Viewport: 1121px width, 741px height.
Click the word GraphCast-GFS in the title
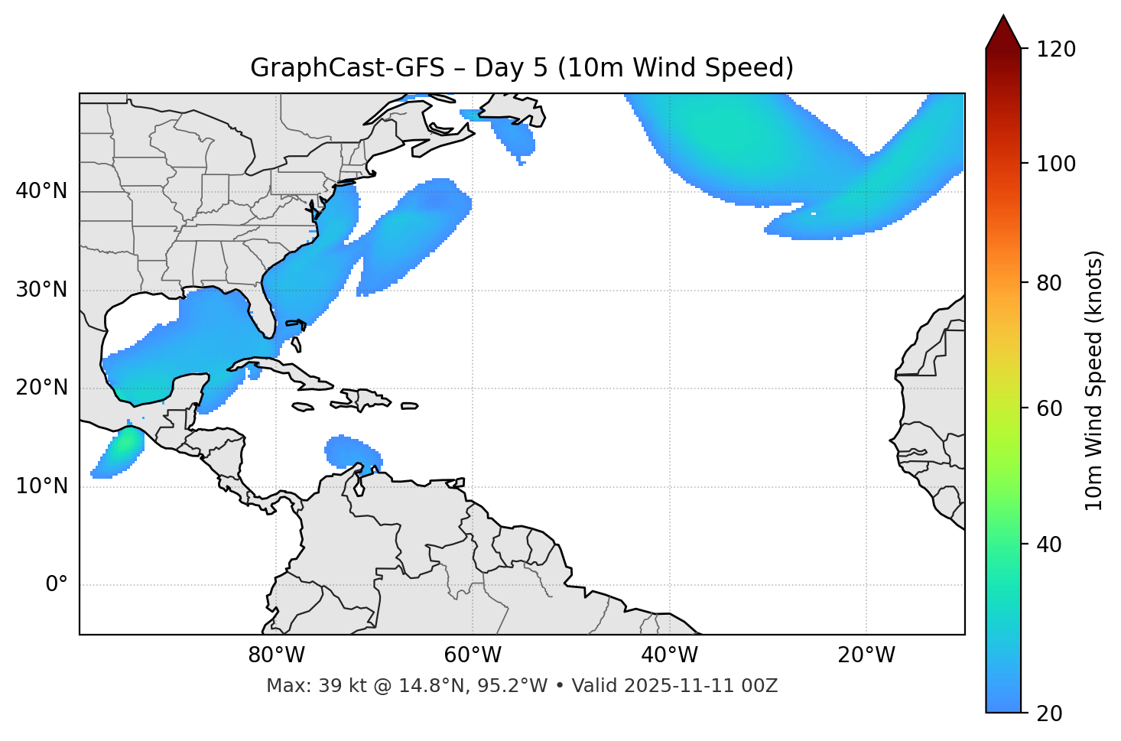pyautogui.click(x=347, y=68)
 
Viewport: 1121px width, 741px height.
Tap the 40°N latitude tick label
pyautogui.click(x=41, y=191)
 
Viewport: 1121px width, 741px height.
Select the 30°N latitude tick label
pyautogui.click(x=41, y=290)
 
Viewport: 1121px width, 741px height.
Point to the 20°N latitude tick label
pyautogui.click(x=41, y=388)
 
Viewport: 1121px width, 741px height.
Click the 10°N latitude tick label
pyautogui.click(x=41, y=486)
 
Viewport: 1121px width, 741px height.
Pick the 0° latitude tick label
pyautogui.click(x=57, y=585)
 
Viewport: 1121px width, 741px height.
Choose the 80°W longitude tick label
pyautogui.click(x=276, y=655)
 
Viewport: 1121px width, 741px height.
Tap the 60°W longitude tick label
pyautogui.click(x=473, y=655)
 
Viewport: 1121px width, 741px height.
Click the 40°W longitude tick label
pyautogui.click(x=669, y=655)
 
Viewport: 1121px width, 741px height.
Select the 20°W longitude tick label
pyautogui.click(x=866, y=655)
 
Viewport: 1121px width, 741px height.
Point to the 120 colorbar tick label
pyautogui.click(x=1055, y=50)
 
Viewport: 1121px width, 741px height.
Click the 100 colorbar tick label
pyautogui.click(x=1055, y=164)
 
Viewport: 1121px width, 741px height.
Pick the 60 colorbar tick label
pyautogui.click(x=1051, y=408)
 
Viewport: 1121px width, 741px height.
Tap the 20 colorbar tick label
pyautogui.click(x=1051, y=713)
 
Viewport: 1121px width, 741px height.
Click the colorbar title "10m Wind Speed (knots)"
pyautogui.click(x=1094, y=380)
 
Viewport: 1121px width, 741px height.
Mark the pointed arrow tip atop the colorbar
pyautogui.click(x=1003, y=17)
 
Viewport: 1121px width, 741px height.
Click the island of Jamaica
pyautogui.click(x=303, y=407)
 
